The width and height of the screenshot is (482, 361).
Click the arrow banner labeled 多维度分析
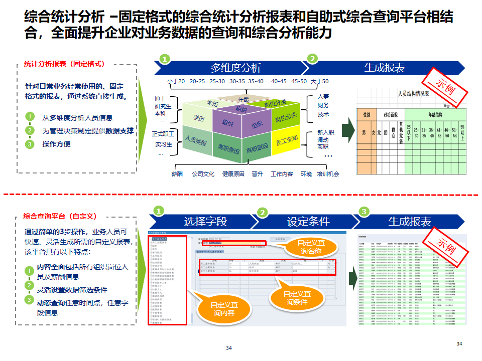(x=235, y=68)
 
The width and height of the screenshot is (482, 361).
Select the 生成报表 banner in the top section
(x=384, y=68)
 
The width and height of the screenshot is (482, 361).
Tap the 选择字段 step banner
(x=205, y=221)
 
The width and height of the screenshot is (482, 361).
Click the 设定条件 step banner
(x=308, y=221)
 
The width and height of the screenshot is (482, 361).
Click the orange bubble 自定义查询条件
(x=296, y=298)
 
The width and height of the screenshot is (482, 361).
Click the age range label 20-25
(x=197, y=81)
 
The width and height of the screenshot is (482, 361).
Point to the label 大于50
(x=320, y=81)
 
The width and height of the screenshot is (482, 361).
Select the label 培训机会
(x=328, y=174)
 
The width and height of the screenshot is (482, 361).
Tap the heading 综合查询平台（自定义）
(x=60, y=216)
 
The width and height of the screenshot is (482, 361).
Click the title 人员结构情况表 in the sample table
(x=413, y=93)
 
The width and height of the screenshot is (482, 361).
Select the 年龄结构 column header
(x=435, y=114)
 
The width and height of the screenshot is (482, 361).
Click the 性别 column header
(x=367, y=114)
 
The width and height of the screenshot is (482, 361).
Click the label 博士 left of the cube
(x=160, y=99)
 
